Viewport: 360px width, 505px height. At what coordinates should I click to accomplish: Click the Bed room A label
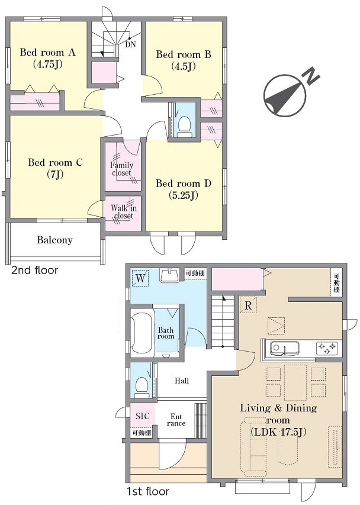pyautogui.click(x=47, y=52)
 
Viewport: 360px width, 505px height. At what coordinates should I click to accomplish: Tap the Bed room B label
pyautogui.click(x=184, y=54)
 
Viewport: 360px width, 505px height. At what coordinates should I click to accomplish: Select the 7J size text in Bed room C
pyautogui.click(x=55, y=174)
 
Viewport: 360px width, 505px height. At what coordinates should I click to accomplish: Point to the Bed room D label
pyautogui.click(x=183, y=184)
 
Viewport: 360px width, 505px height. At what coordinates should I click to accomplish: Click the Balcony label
pyautogui.click(x=54, y=240)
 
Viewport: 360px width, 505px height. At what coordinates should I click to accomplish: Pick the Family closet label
pyautogui.click(x=122, y=169)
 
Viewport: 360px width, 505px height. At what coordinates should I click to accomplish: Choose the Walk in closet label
pyautogui.click(x=124, y=211)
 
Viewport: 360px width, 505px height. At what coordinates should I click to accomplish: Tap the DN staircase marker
pyautogui.click(x=130, y=45)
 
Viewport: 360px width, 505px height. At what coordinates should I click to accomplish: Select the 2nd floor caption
pyautogui.click(x=35, y=270)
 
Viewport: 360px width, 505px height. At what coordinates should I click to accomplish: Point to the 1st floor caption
pyautogui.click(x=147, y=491)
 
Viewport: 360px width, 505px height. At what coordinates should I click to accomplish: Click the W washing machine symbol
pyautogui.click(x=140, y=278)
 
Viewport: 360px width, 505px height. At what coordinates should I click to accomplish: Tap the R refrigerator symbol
pyautogui.click(x=248, y=305)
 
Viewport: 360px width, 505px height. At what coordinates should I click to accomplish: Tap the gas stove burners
pyautogui.click(x=327, y=348)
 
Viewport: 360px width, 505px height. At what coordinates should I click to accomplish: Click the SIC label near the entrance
pyautogui.click(x=142, y=416)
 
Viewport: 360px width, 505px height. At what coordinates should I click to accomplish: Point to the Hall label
pyautogui.click(x=182, y=381)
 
